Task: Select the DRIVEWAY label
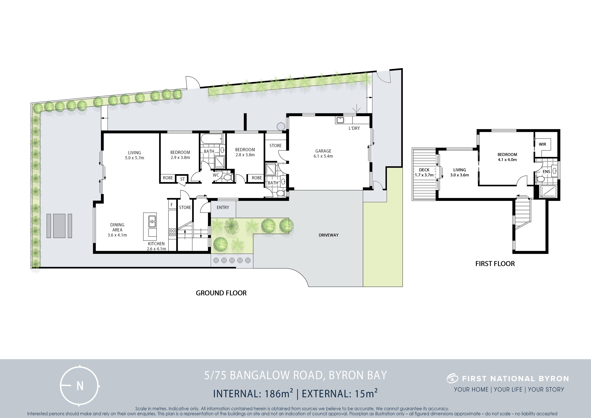[329, 235]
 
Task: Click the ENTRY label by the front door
[223, 207]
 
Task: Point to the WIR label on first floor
[542, 144]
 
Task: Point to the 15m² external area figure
[366, 394]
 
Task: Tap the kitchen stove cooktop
[172, 232]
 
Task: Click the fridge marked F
[172, 205]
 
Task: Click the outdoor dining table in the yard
[59, 226]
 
